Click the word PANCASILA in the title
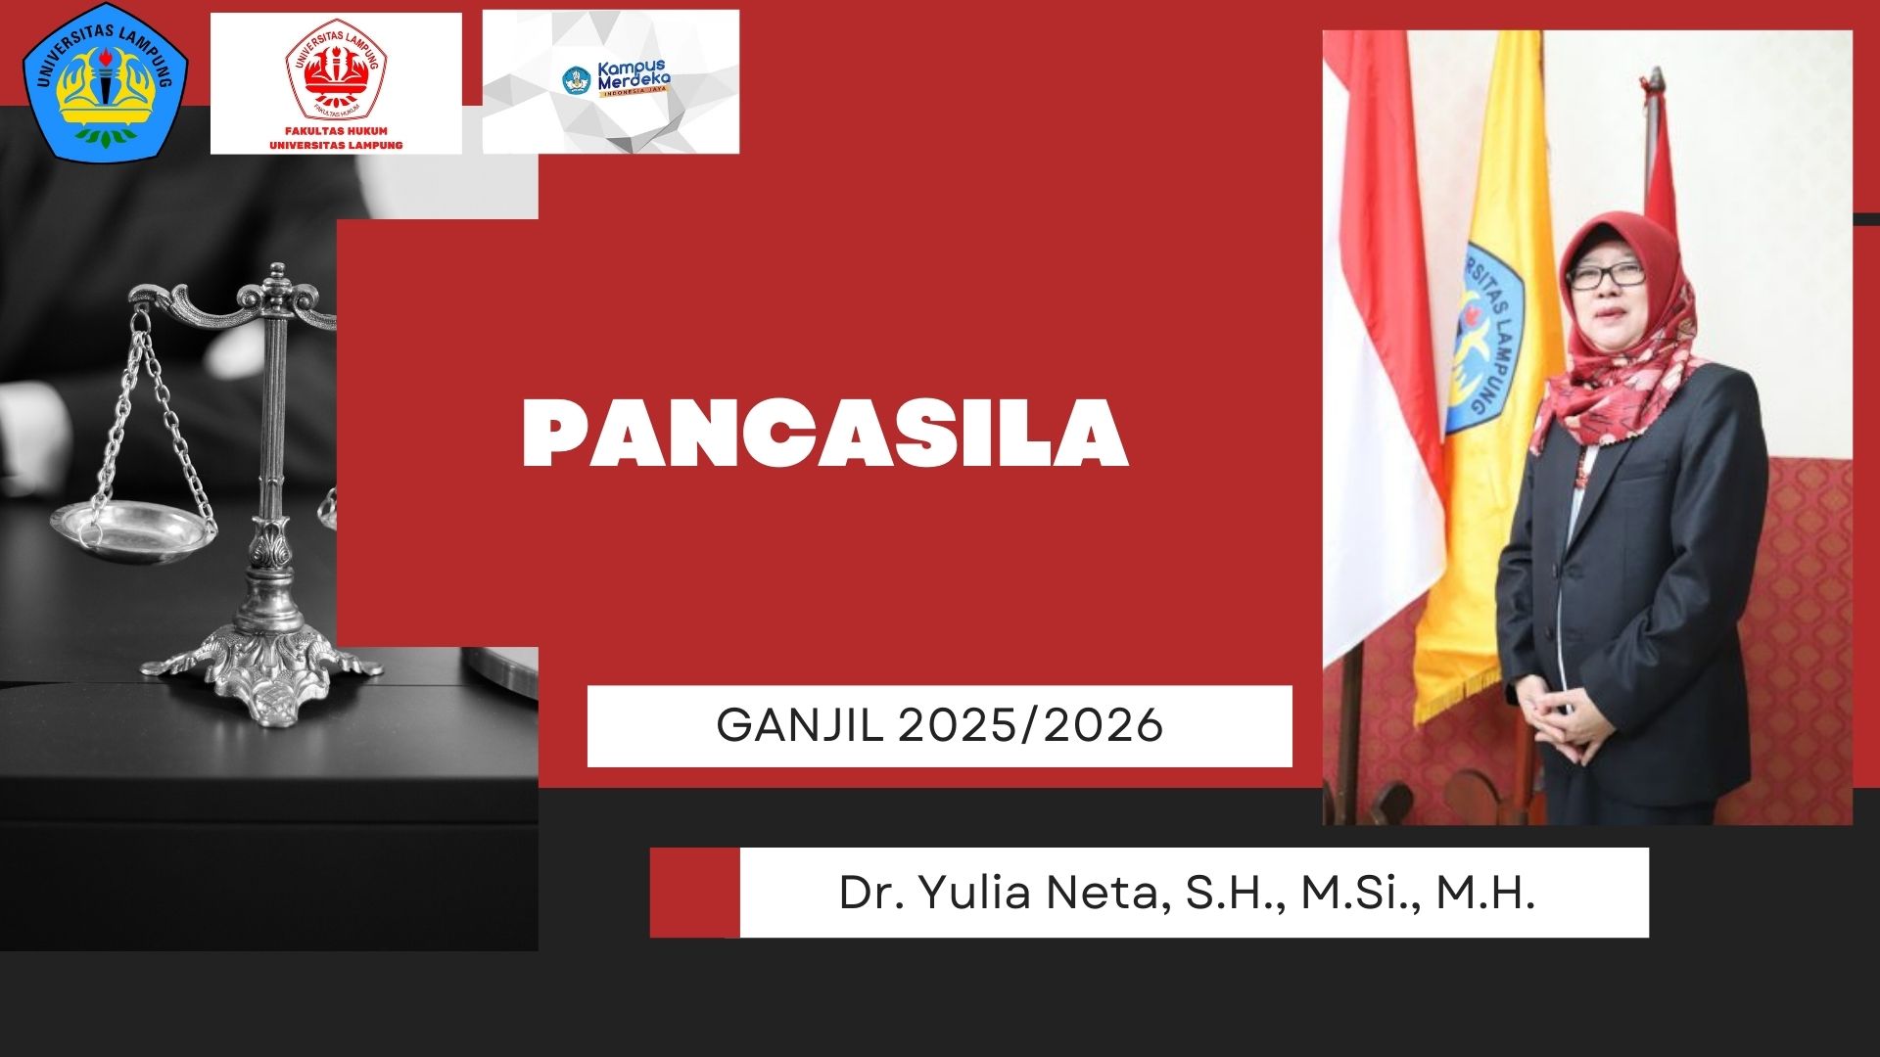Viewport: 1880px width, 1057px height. click(x=825, y=434)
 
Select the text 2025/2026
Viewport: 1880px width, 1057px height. click(x=1030, y=725)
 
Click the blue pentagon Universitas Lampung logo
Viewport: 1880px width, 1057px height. click(x=106, y=81)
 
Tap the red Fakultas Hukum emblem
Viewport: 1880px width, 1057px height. click(x=334, y=69)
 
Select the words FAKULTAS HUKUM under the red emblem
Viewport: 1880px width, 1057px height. click(x=336, y=130)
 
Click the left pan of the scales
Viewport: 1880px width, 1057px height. click(x=134, y=529)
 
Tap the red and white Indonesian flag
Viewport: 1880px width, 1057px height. click(x=1383, y=352)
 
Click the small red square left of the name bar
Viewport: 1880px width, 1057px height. click(x=694, y=893)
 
